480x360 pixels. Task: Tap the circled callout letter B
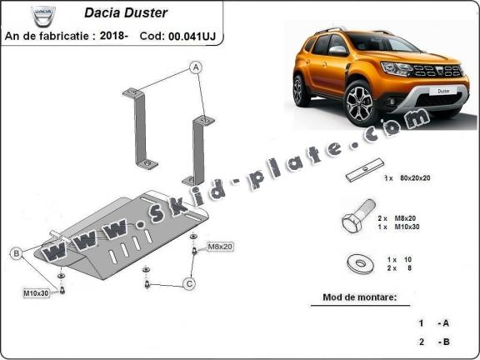pos(16,253)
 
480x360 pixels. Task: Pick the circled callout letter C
pos(189,284)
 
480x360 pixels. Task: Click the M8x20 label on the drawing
pos(221,247)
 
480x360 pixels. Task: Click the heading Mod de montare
pos(359,297)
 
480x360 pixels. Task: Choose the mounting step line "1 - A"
pos(433,322)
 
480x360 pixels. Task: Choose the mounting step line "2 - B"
pos(433,342)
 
